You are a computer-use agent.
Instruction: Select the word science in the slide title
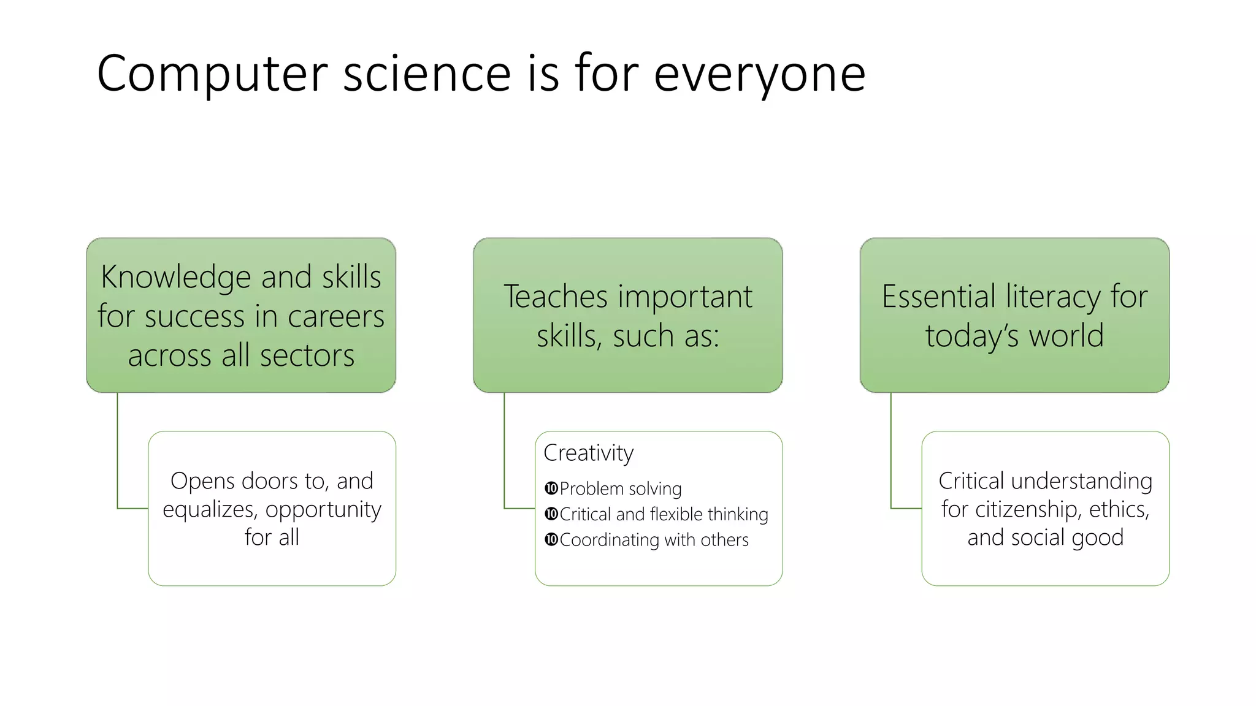click(427, 74)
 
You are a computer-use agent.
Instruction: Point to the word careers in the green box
click(335, 317)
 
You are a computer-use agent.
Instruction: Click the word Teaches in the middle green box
click(556, 297)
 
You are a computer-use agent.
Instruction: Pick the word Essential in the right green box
click(938, 297)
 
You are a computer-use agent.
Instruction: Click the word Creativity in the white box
click(588, 454)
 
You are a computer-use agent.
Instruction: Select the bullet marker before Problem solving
click(551, 488)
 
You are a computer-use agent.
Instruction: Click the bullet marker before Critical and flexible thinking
click(551, 514)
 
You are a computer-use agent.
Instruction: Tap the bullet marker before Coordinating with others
click(551, 540)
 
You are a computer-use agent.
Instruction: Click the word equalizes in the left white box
click(209, 510)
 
